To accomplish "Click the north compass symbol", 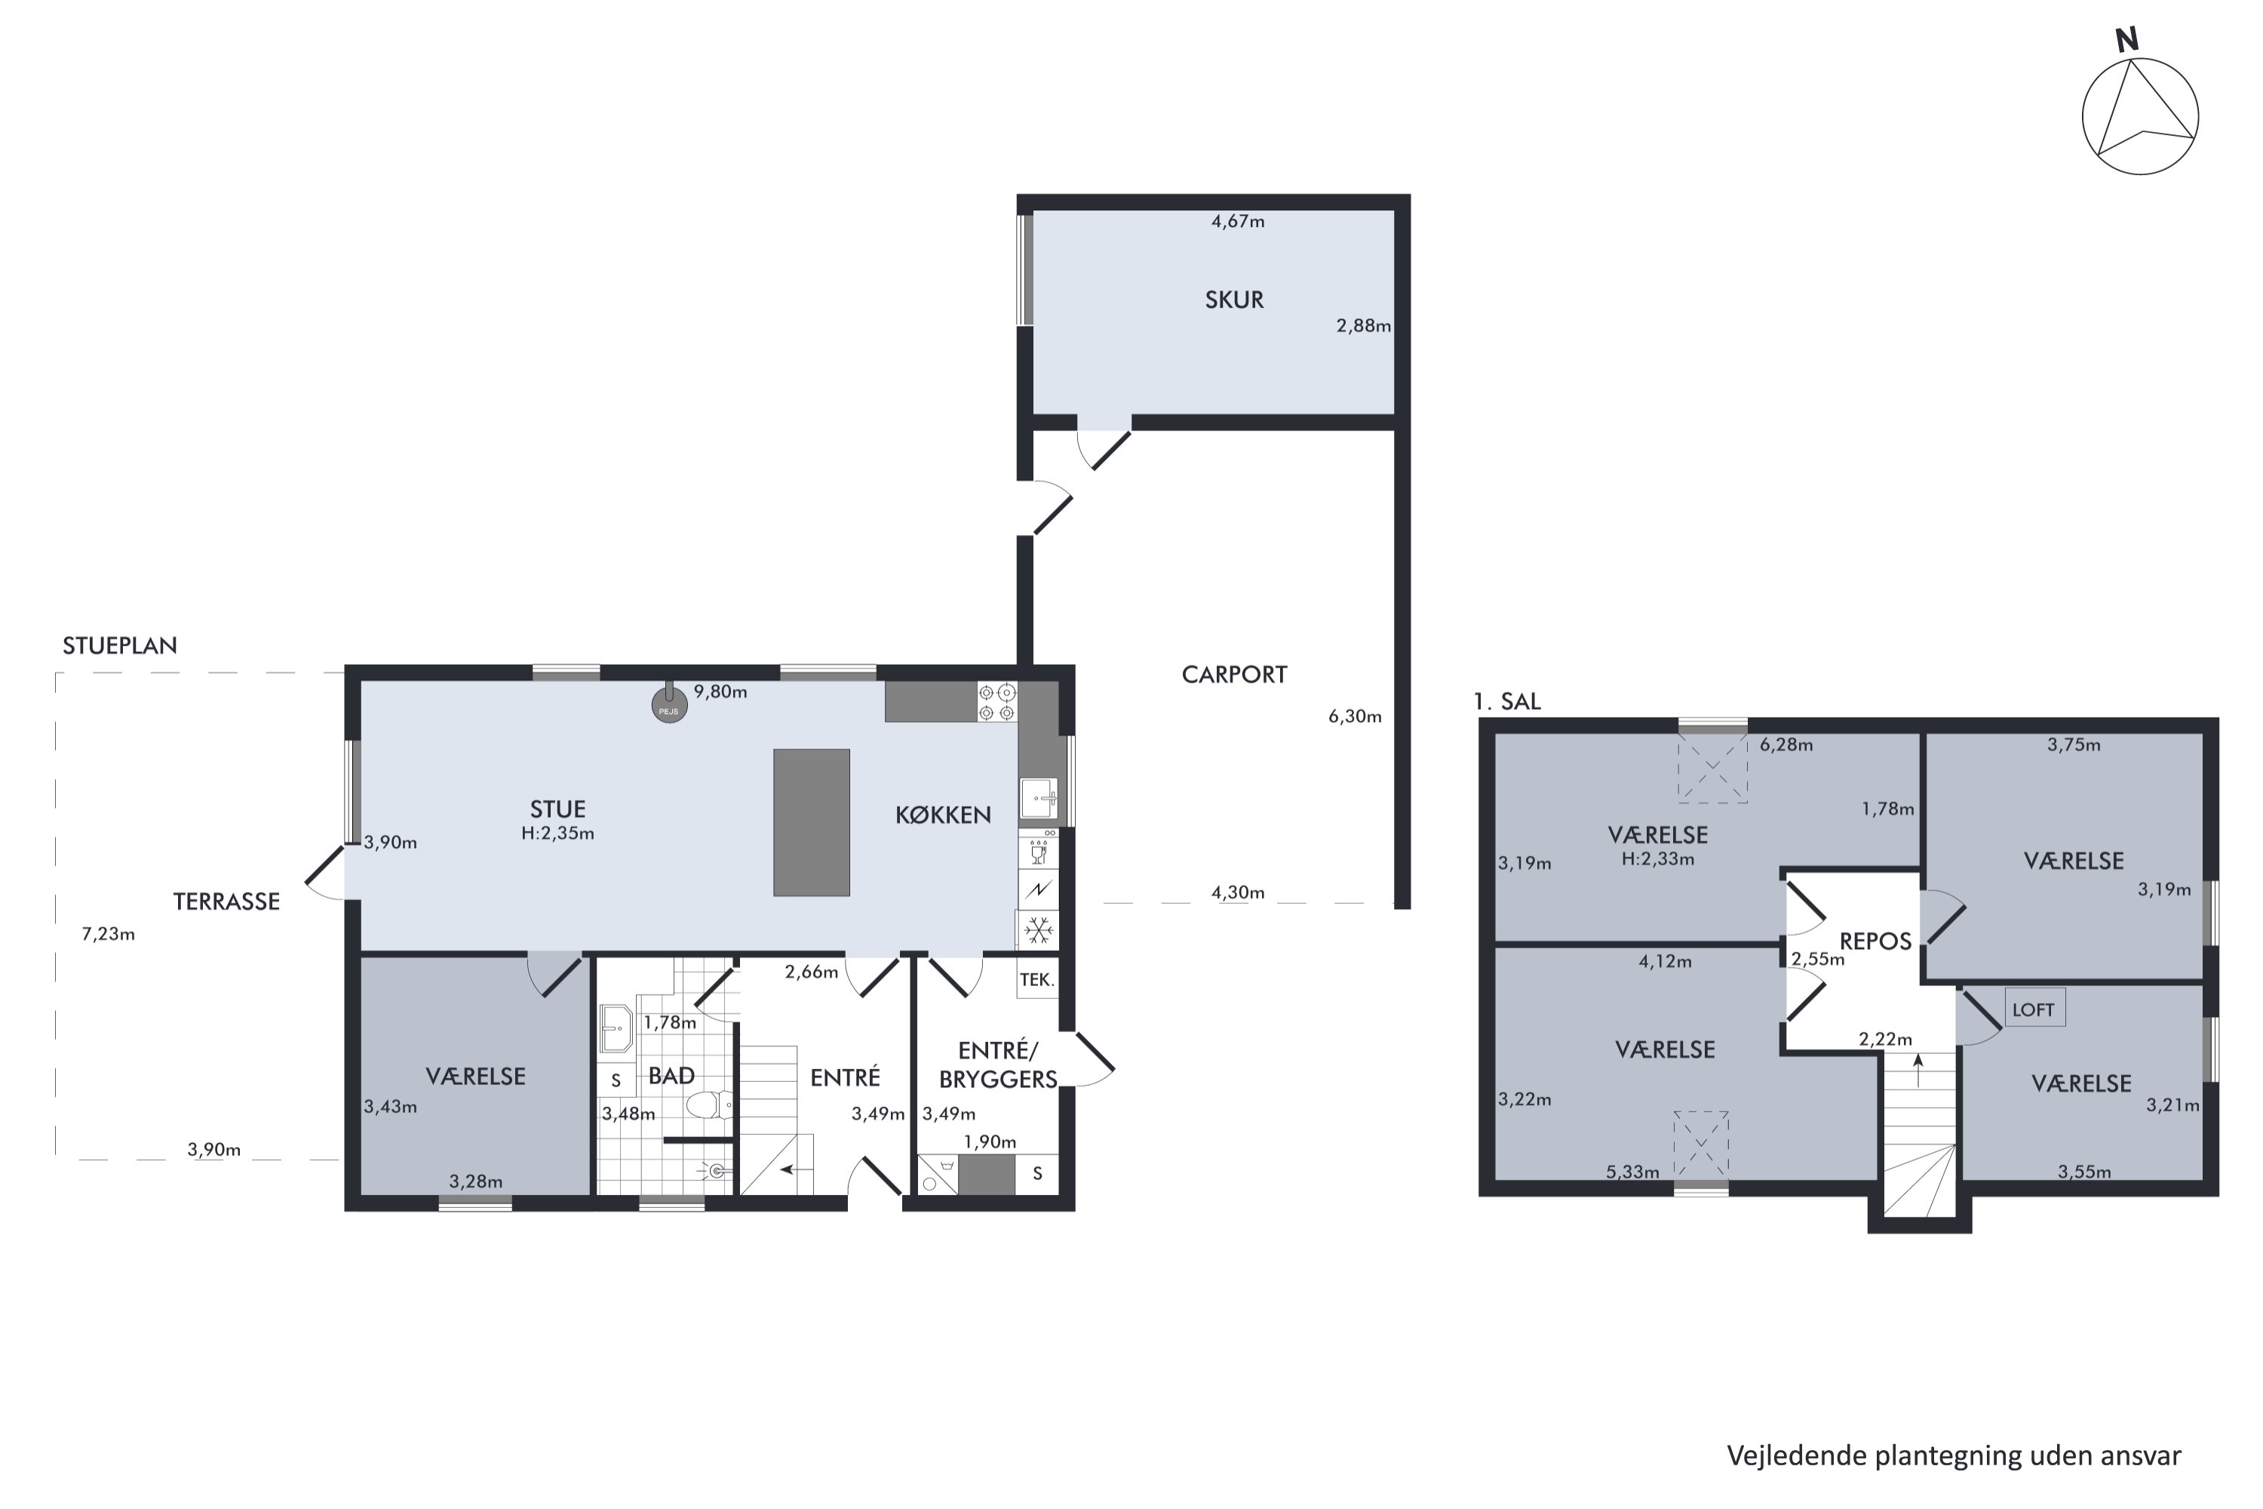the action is click(2140, 115).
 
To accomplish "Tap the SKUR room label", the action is click(1234, 300).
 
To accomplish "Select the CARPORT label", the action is click(1234, 675).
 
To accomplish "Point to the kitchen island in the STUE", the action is click(811, 823).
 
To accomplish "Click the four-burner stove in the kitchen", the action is click(996, 702).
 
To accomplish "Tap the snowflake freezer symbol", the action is click(1038, 930).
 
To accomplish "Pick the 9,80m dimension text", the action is click(720, 692).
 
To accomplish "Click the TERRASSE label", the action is click(226, 902).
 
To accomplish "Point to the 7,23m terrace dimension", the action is click(108, 933).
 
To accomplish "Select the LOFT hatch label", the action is click(2033, 1010).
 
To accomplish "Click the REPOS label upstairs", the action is click(1875, 941).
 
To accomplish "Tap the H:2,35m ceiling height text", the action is click(558, 834).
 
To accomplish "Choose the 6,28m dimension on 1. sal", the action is click(1787, 744).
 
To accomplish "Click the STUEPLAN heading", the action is click(120, 646).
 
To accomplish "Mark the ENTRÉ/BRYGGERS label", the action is click(999, 1065).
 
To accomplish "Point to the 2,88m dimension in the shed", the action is click(1363, 325).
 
